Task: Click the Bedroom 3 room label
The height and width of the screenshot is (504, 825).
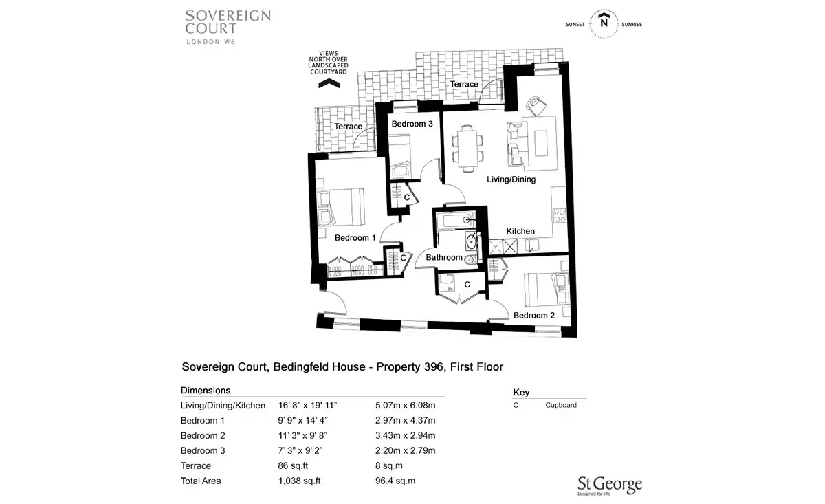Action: tap(412, 124)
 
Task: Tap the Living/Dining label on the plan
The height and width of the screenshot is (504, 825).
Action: tap(511, 179)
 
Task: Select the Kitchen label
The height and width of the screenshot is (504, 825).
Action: tap(520, 231)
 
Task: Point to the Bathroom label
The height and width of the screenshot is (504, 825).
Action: tap(444, 258)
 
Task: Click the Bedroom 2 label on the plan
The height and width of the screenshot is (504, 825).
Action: tap(534, 316)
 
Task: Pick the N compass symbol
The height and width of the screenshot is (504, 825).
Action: tap(604, 23)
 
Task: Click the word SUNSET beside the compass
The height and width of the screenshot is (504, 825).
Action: tap(575, 25)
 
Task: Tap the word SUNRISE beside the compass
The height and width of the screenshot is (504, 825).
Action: tap(632, 25)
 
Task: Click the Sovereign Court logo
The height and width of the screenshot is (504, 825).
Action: tap(228, 28)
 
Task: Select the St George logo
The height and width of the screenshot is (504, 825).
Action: tap(610, 486)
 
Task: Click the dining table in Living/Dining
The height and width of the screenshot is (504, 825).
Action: tap(467, 149)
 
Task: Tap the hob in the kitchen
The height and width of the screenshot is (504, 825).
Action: tap(560, 215)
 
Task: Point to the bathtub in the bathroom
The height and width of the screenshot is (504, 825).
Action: tap(456, 220)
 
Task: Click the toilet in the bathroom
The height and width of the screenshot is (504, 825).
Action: tap(471, 261)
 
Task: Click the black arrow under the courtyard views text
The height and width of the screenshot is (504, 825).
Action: tap(329, 84)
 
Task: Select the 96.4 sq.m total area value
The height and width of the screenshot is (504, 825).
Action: tap(395, 481)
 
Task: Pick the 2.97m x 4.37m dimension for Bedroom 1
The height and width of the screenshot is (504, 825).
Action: tap(405, 420)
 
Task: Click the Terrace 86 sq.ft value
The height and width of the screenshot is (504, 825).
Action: tap(293, 465)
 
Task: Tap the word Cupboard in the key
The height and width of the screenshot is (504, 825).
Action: tap(561, 405)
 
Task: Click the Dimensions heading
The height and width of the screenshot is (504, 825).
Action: tap(206, 391)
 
